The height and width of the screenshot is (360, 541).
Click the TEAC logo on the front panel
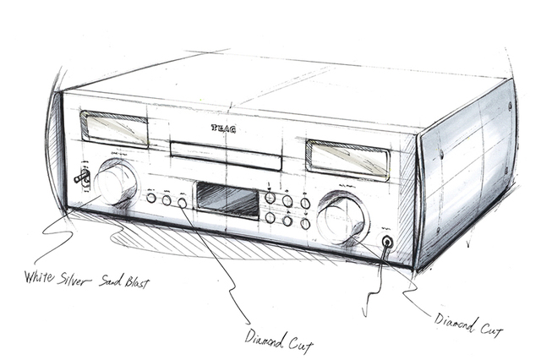[223, 130]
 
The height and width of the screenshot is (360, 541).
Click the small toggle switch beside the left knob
[83, 177]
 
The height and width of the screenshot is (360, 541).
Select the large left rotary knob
[116, 182]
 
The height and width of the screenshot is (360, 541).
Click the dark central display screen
[227, 200]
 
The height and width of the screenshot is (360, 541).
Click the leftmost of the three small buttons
[150, 198]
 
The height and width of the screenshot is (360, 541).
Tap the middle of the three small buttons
[167, 201]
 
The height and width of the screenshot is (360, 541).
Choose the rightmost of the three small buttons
[182, 204]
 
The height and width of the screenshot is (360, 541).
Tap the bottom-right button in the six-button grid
[303, 224]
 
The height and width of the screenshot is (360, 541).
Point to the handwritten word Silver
[86, 278]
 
